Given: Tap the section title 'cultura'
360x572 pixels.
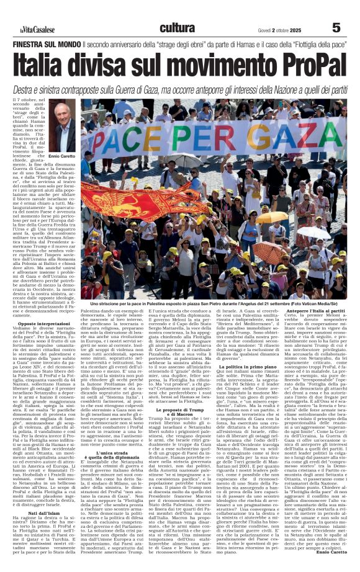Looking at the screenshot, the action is click(x=177, y=27).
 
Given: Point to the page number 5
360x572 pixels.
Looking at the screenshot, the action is click(x=336, y=28).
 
